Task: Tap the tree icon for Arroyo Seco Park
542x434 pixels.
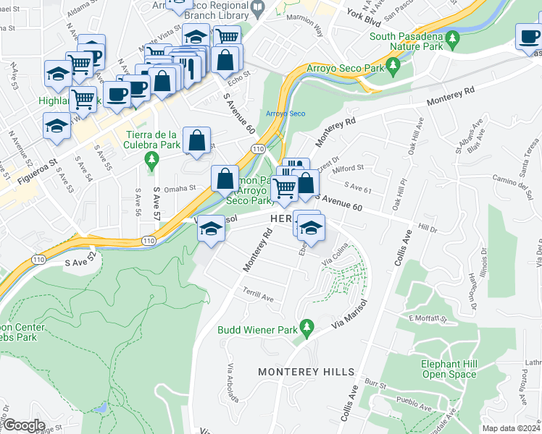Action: point(394,67)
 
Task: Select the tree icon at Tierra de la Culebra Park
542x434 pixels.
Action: point(151,158)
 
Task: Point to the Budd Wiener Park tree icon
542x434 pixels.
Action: point(307,328)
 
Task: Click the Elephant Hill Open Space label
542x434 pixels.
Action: point(449,369)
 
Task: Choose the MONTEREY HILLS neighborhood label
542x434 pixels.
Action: point(307,372)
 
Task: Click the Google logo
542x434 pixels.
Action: point(23,425)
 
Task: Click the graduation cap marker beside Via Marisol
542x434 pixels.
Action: point(210,229)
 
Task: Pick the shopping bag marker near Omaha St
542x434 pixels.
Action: point(225,178)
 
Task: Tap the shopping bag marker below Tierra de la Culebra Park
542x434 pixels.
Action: point(196,141)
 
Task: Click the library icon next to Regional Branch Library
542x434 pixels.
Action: point(257,7)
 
